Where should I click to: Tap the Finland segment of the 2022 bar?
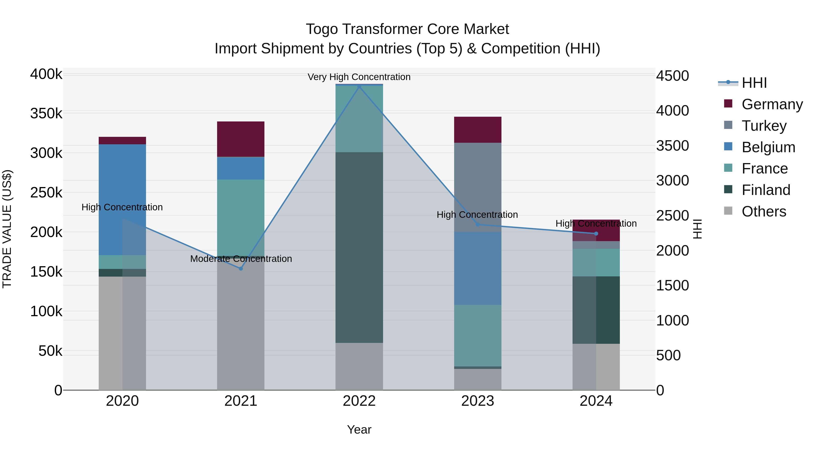[x=359, y=247]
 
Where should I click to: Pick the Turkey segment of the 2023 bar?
[x=477, y=187]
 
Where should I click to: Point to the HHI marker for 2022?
[x=359, y=87]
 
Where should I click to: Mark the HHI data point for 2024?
[x=596, y=234]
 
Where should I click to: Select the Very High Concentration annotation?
[x=359, y=77]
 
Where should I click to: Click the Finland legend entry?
[x=766, y=190]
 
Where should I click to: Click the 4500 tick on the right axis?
[x=672, y=76]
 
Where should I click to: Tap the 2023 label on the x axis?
[x=477, y=401]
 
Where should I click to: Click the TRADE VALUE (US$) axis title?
[x=7, y=229]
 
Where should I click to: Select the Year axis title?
[x=359, y=430]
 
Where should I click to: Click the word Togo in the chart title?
[x=322, y=29]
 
